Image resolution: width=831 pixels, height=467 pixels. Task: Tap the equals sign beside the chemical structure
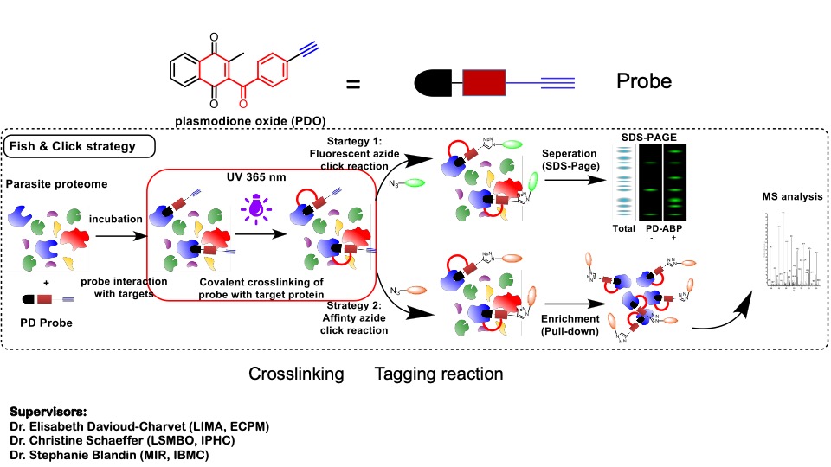pos(353,85)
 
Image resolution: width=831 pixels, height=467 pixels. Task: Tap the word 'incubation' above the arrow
pos(114,219)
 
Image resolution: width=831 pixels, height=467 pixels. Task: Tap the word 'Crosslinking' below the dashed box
pos(297,374)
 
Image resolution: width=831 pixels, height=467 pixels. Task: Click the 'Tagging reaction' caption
pos(439,374)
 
